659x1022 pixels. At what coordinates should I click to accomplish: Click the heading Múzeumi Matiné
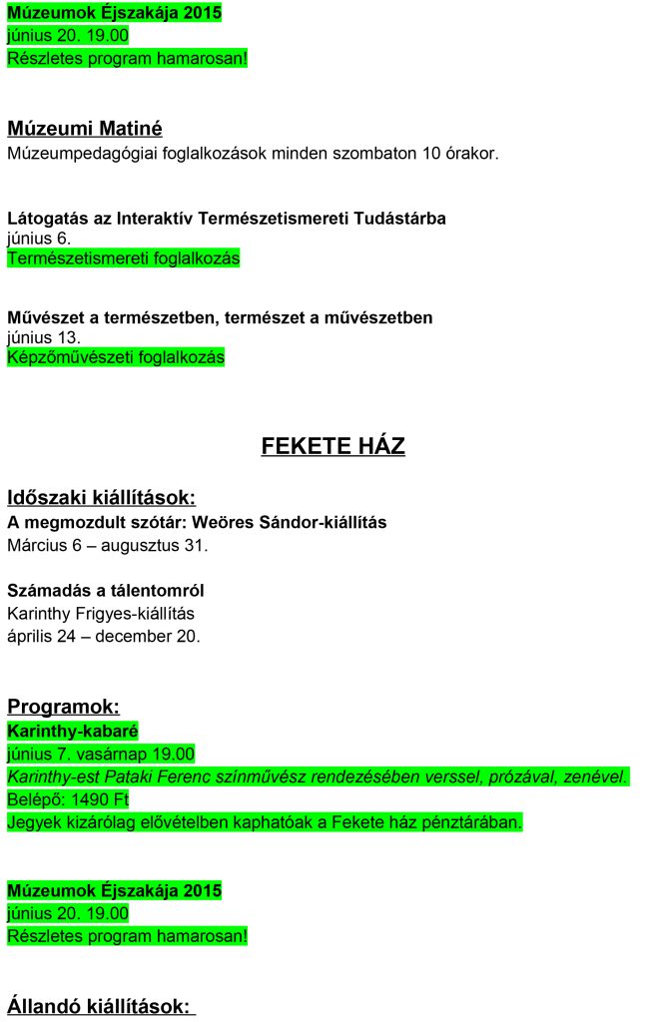(x=84, y=129)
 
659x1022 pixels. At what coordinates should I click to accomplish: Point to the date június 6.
(x=38, y=239)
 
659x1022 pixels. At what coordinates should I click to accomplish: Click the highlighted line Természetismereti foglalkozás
(x=123, y=258)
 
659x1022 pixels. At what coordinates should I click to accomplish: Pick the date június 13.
(x=43, y=337)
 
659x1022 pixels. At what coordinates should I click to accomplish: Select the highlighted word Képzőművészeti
(x=63, y=357)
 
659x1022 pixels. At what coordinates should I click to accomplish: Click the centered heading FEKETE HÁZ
(x=332, y=446)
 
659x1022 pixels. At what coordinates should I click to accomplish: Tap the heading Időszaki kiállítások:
(x=101, y=497)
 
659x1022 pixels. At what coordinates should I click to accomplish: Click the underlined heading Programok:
(x=63, y=707)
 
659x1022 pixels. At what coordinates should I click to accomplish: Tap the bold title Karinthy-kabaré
(x=72, y=732)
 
